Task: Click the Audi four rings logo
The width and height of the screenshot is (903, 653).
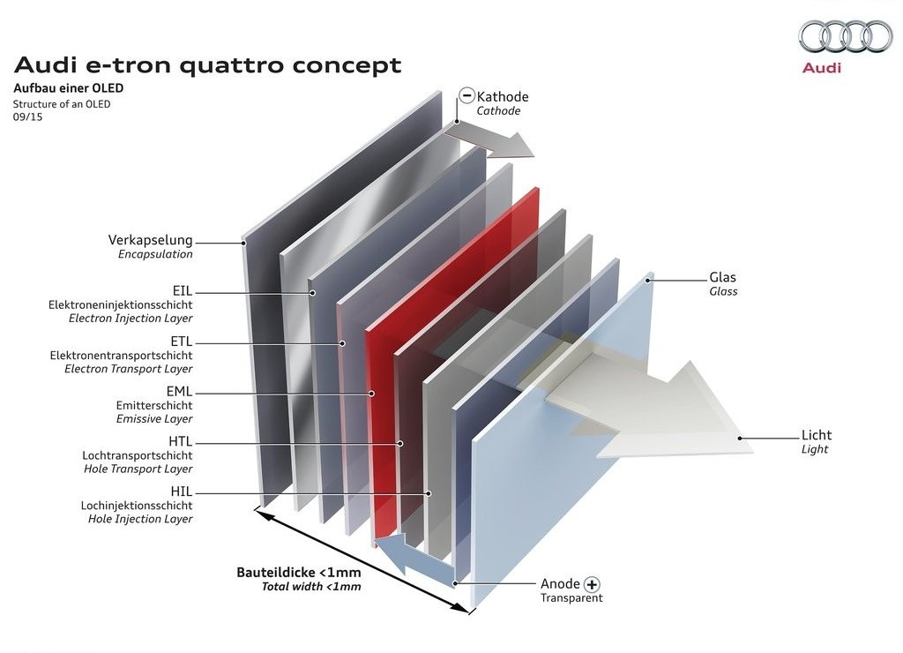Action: [845, 36]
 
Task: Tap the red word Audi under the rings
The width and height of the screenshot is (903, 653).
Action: [822, 68]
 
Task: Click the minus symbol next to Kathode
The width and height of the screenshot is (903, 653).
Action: [467, 95]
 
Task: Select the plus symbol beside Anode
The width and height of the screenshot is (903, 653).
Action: [592, 584]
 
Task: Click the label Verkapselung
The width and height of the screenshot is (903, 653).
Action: [150, 240]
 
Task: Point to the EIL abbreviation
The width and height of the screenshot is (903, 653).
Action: [182, 290]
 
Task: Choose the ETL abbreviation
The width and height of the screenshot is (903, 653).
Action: [182, 342]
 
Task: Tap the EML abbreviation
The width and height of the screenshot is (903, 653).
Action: [179, 391]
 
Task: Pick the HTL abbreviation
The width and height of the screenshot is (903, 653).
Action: [180, 441]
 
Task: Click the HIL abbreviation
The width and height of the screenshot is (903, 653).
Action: [182, 492]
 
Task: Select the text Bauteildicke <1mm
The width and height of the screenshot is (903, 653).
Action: [299, 573]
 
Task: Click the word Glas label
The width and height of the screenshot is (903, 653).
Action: [723, 277]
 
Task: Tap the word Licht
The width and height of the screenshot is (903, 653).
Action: [817, 435]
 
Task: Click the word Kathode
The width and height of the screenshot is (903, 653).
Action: [503, 97]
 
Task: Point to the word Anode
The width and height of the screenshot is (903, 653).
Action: [560, 584]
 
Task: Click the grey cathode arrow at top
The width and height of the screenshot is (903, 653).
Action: [489, 141]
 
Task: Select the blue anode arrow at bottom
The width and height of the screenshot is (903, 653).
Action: [414, 554]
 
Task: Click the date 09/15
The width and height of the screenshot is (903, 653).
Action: [27, 117]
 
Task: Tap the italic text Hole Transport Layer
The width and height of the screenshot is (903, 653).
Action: [138, 469]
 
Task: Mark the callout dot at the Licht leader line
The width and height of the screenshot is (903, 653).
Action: [740, 438]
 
